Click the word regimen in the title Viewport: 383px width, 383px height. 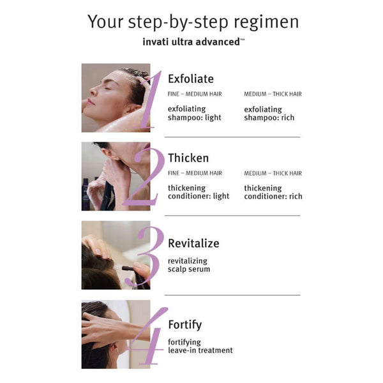[266, 22]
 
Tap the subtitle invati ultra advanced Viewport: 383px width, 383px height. [193, 41]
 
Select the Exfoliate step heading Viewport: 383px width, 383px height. [191, 79]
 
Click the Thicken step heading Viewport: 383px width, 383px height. [188, 158]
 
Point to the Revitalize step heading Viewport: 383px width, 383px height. [193, 243]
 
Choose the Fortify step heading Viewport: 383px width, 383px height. [185, 325]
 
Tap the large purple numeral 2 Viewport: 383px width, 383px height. [145, 176]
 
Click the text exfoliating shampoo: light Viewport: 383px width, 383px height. [195, 114]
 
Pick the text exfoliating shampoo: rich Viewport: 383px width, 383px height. [269, 114]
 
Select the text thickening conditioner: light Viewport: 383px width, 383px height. [199, 192]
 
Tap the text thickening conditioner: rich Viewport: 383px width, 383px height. [273, 192]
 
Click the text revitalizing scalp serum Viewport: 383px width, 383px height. [189, 265]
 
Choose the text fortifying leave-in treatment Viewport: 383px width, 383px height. [200, 347]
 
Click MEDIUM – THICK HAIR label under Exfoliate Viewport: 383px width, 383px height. [273, 94]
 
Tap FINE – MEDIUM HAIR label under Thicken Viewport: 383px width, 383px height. [195, 173]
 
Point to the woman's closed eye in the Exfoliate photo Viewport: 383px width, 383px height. [107, 89]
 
